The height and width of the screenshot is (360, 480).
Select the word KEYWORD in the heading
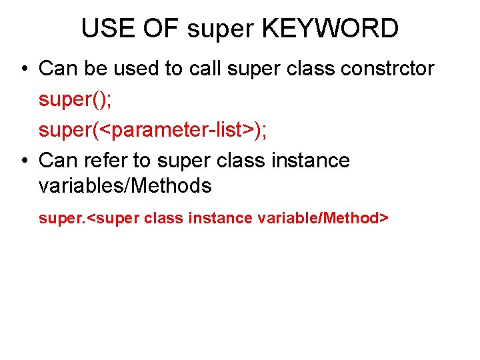click(x=331, y=29)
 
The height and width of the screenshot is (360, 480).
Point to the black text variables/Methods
click(x=125, y=186)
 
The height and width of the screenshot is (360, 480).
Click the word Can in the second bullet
click(x=57, y=161)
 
